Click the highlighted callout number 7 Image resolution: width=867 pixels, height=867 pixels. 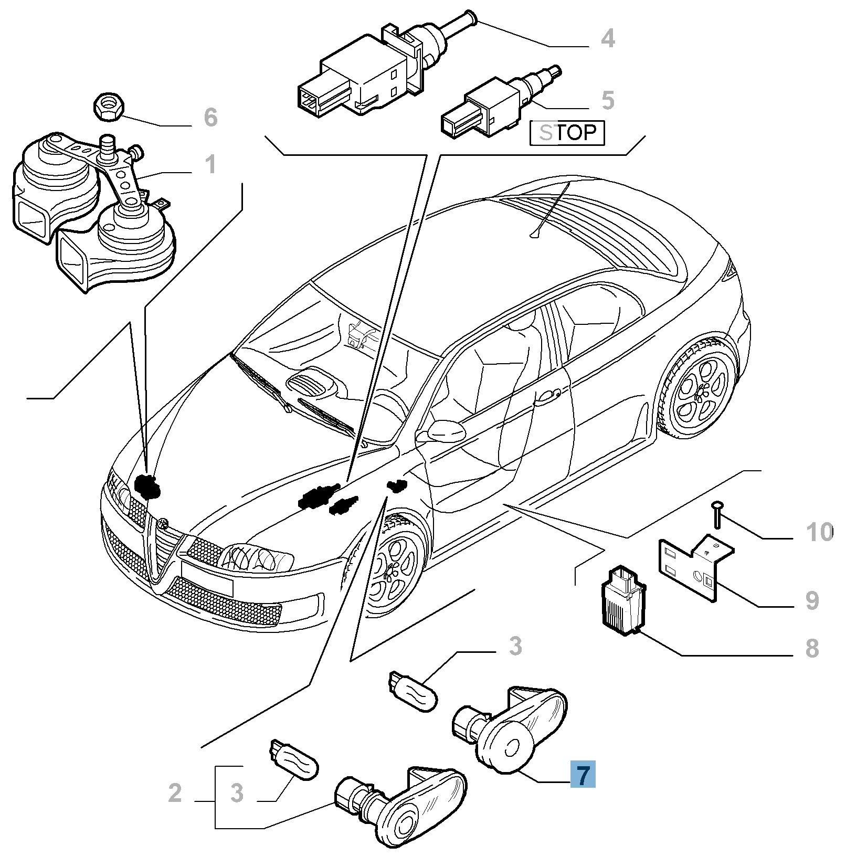pos(583,774)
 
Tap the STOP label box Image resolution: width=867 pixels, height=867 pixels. pos(567,133)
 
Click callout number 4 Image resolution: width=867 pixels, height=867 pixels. pos(608,38)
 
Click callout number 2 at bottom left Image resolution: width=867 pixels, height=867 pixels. pos(175,792)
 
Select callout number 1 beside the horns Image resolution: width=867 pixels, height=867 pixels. pos(210,164)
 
